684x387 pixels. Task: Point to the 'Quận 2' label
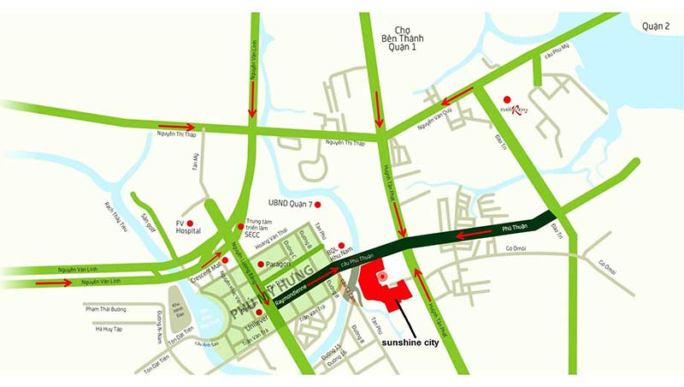coord(656,27)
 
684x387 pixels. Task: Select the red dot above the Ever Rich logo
coord(507,98)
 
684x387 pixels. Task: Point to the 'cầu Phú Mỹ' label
coord(557,56)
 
